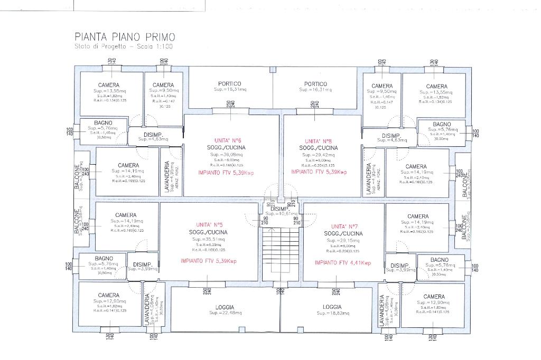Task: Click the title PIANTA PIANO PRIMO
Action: coord(125,37)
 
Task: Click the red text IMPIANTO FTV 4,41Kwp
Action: coord(343,262)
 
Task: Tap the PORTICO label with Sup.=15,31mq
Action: coord(230,84)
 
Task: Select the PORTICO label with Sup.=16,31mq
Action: coord(315,84)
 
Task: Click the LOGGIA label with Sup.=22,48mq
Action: coord(225,307)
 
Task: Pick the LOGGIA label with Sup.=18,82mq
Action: coord(332,307)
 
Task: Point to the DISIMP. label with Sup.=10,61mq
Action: coord(279,209)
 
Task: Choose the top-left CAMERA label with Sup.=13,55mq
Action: coord(109,85)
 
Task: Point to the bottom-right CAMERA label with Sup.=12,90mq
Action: coord(434,297)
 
